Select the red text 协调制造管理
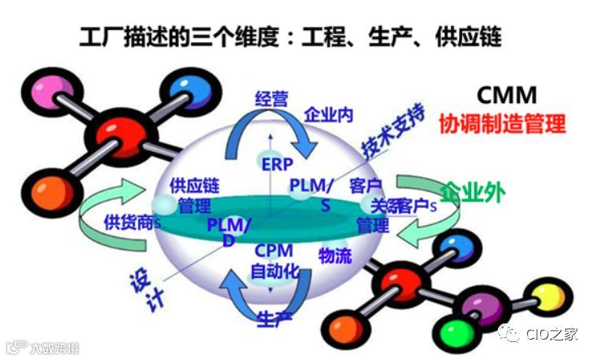pos(502,124)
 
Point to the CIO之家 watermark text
pos(552,332)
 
